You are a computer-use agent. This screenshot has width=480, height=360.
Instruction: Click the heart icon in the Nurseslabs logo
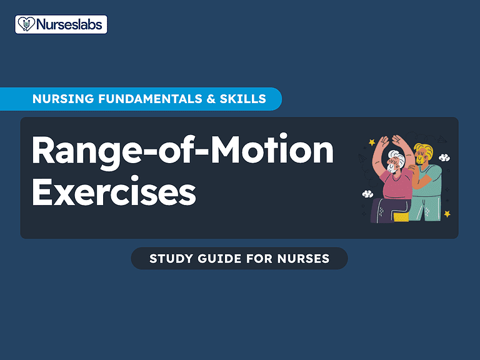[x=24, y=24]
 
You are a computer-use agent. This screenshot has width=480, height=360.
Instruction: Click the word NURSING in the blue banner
[x=59, y=99]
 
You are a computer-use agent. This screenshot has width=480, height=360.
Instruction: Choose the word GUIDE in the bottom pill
[x=220, y=258]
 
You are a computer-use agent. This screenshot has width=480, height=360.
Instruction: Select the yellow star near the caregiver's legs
[x=447, y=214]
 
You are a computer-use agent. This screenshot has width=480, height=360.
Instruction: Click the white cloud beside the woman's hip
[x=368, y=194]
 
